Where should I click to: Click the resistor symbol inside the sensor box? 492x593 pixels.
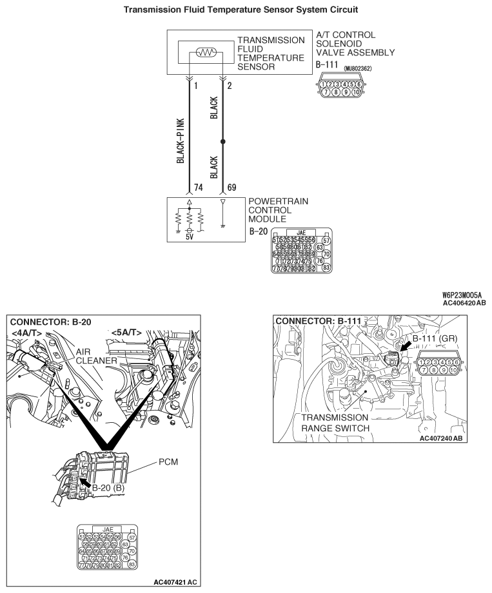[205, 55]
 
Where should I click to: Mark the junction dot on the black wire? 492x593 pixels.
[223, 141]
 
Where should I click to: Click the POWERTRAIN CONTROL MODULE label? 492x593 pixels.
[278, 210]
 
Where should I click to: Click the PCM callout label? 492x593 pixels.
[168, 463]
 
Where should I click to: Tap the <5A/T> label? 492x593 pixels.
[126, 333]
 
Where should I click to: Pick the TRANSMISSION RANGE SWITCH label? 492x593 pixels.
[334, 422]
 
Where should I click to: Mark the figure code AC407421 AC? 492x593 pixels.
[175, 582]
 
